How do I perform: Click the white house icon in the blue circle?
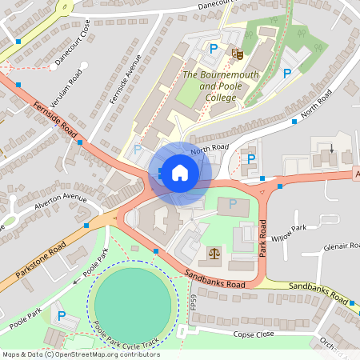180,173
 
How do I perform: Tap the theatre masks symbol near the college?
236,54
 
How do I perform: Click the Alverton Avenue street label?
59,205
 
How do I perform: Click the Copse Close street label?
254,334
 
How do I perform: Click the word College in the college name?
220,98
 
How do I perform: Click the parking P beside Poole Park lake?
62,316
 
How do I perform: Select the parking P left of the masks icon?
213,50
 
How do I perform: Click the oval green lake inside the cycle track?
132,302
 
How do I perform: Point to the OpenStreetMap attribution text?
81,354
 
